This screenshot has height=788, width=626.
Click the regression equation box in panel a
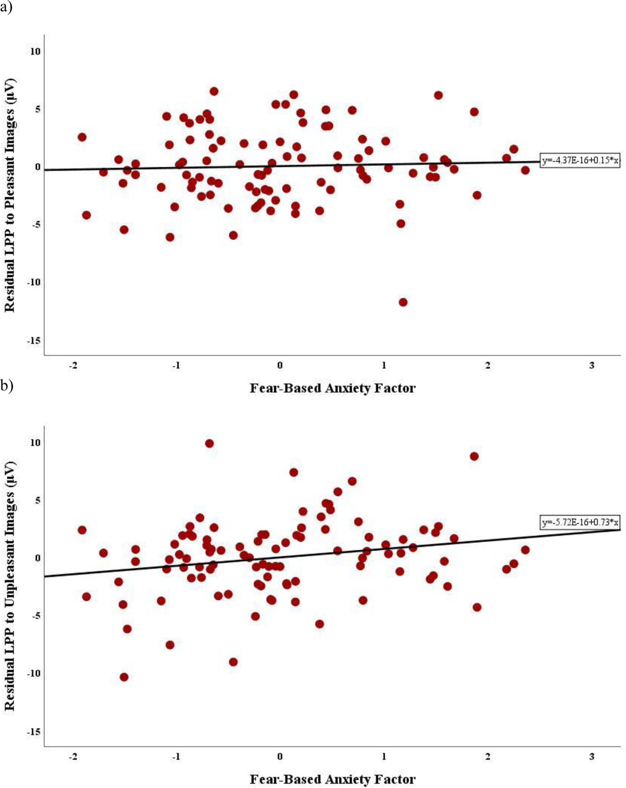pyautogui.click(x=580, y=161)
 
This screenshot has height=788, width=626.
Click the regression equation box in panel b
pyautogui.click(x=580, y=522)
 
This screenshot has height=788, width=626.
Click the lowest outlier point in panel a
pyautogui.click(x=403, y=302)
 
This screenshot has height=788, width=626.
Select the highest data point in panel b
pyautogui.click(x=209, y=443)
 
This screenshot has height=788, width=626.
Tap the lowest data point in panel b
pyautogui.click(x=124, y=677)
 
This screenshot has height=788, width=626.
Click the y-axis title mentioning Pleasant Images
pyautogui.click(x=10, y=195)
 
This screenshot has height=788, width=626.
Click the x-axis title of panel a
pyautogui.click(x=332, y=388)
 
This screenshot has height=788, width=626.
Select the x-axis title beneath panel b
pyautogui.click(x=332, y=779)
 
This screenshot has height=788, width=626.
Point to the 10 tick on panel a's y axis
pyautogui.click(x=35, y=51)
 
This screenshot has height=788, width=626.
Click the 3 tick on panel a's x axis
pyautogui.click(x=591, y=365)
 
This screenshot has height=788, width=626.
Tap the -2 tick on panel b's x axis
pyautogui.click(x=73, y=756)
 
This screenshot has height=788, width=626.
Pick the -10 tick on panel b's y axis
pyautogui.click(x=34, y=673)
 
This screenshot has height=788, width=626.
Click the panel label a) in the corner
pyautogui.click(x=6, y=8)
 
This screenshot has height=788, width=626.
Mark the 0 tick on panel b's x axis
pyautogui.click(x=280, y=756)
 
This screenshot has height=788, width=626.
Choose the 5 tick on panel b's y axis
pyautogui.click(x=37, y=500)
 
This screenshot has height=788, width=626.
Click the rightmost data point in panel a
pyautogui.click(x=525, y=170)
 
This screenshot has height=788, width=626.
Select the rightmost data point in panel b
pyautogui.click(x=525, y=550)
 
